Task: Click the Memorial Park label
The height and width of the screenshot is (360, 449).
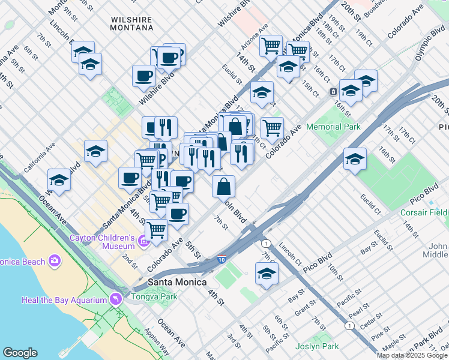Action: pyautogui.click(x=333, y=127)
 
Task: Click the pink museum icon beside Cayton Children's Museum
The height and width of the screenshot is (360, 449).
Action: pyautogui.click(x=143, y=241)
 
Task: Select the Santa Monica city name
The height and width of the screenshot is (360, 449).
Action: pyautogui.click(x=177, y=282)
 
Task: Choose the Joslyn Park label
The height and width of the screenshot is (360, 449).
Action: pyautogui.click(x=318, y=346)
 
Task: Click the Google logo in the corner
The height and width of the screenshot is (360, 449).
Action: pyautogui.click(x=20, y=353)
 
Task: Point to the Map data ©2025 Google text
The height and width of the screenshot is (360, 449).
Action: pyautogui.click(x=412, y=355)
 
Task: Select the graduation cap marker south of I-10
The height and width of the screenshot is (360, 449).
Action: pyautogui.click(x=267, y=274)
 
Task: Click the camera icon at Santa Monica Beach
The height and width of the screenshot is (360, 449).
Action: pyautogui.click(x=55, y=260)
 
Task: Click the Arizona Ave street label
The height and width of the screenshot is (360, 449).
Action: pyautogui.click(x=255, y=38)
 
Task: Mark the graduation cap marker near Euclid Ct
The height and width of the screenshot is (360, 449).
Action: pyautogui.click(x=355, y=159)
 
